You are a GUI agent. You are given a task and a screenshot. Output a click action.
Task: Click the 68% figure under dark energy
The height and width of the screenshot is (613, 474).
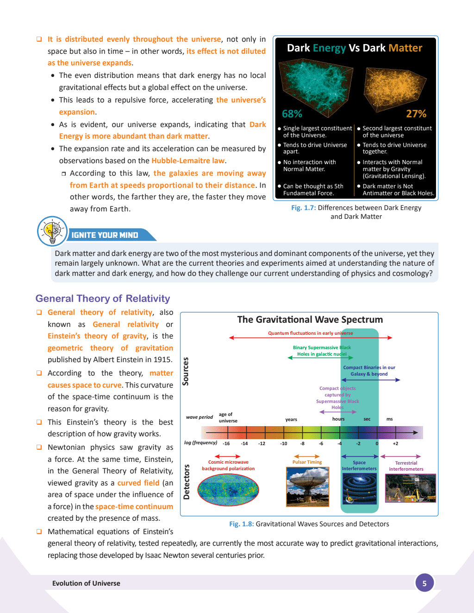point(292,114)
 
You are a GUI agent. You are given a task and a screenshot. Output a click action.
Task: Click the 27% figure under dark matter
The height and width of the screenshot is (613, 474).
point(416,114)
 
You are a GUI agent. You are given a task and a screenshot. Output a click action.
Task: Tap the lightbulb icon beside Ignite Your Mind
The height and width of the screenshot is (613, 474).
point(52,231)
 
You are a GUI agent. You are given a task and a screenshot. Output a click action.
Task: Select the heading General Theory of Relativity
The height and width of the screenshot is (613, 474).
point(103,299)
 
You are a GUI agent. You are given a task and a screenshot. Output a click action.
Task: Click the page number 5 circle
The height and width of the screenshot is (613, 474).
point(424,583)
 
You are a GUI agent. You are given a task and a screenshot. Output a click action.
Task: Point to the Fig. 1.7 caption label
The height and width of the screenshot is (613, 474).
point(303,208)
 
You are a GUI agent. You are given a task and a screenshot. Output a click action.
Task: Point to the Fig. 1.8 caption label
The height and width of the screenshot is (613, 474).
point(241,524)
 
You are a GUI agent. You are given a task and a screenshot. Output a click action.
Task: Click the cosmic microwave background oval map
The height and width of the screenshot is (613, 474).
point(228,490)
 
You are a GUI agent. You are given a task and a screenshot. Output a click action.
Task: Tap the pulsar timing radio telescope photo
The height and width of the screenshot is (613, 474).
point(308,486)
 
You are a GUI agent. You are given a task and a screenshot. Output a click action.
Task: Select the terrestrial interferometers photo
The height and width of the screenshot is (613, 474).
point(411,488)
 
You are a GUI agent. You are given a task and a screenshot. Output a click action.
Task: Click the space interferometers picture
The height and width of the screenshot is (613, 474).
point(359,489)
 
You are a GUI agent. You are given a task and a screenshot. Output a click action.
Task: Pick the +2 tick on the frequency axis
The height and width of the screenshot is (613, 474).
point(395,444)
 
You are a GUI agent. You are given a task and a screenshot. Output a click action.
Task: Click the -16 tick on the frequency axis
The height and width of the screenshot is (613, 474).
point(226,444)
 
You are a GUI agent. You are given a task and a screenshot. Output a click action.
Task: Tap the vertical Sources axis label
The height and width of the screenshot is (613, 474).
point(186,371)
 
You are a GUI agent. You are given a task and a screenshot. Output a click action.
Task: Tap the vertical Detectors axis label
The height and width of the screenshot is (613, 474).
point(187,482)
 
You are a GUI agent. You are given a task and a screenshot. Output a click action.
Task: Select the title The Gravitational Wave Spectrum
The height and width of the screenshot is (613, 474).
point(310,319)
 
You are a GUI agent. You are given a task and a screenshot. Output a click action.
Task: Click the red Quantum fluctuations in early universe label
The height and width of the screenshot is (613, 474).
point(310,333)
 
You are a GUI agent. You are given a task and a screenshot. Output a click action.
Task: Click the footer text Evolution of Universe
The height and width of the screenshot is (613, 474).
point(86,583)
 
